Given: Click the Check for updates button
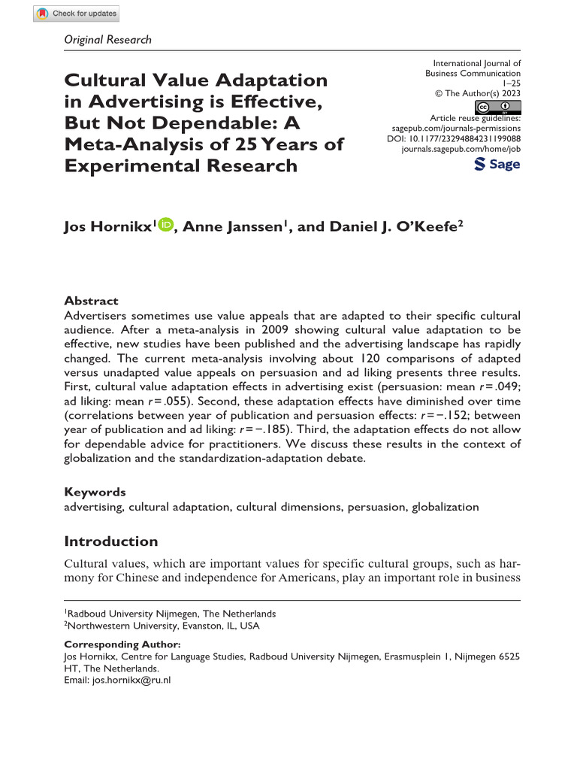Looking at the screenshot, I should (x=77, y=14).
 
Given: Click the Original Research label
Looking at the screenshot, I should (x=108, y=40).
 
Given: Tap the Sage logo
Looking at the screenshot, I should (x=497, y=164).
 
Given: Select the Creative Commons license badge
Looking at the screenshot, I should (x=500, y=107).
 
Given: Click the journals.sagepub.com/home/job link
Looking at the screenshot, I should (x=461, y=150).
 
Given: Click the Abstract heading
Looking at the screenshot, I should (x=89, y=299).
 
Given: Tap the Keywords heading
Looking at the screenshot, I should (x=95, y=492).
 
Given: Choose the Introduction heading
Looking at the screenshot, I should (x=110, y=541).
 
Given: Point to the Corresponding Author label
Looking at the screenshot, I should (x=122, y=644).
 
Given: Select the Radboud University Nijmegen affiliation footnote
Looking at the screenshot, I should (x=171, y=613).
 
